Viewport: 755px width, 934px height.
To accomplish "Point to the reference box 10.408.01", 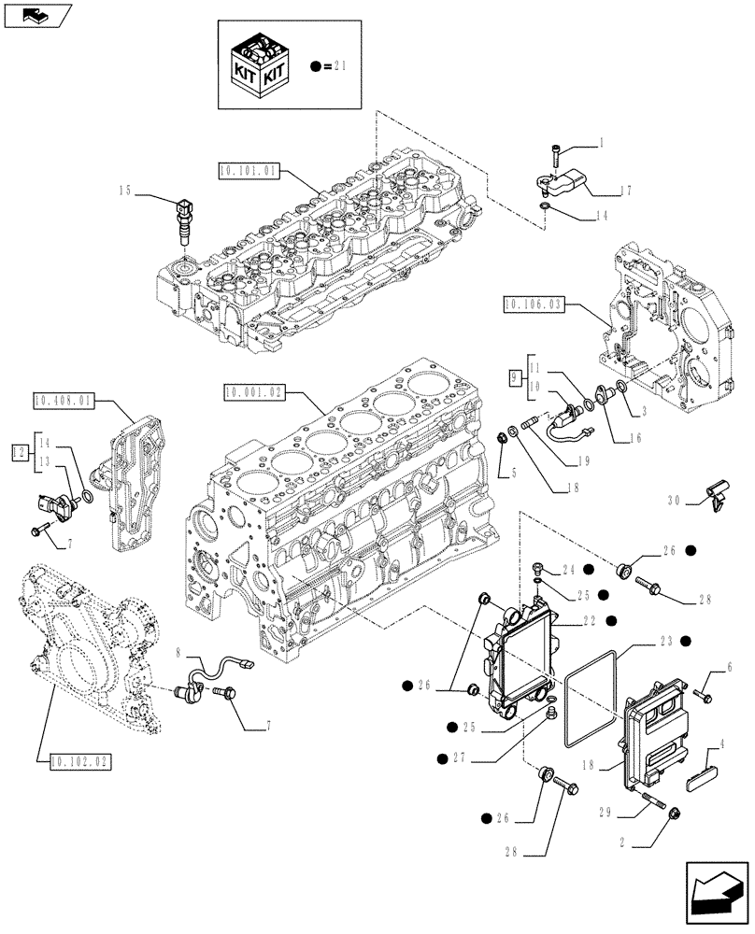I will [63, 401].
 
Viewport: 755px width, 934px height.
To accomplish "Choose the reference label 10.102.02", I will [76, 761].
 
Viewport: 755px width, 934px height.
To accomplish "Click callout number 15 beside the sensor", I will [124, 191].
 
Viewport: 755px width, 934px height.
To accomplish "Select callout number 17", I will [624, 191].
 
